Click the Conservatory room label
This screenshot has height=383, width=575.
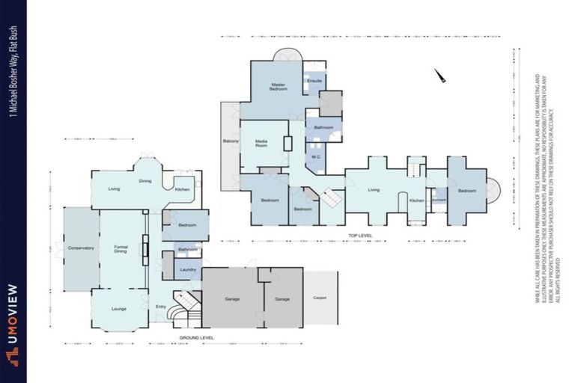point(81,248)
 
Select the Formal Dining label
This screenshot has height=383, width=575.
point(121,250)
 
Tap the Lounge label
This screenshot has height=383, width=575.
point(120,307)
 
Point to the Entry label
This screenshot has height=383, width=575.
point(161,307)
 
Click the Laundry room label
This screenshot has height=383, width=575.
point(187,269)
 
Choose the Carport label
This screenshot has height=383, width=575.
point(320,298)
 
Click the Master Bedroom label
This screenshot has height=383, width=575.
point(279,88)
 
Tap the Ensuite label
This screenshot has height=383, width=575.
point(314,81)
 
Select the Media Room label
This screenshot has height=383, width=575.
point(262,143)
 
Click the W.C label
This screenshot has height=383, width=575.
point(316,157)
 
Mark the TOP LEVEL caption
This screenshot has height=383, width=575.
point(360,236)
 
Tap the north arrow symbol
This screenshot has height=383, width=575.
point(440,76)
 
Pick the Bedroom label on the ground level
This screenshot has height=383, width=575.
point(187,225)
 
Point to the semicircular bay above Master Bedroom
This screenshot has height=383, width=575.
point(285,55)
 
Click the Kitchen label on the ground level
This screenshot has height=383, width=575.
point(182,189)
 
